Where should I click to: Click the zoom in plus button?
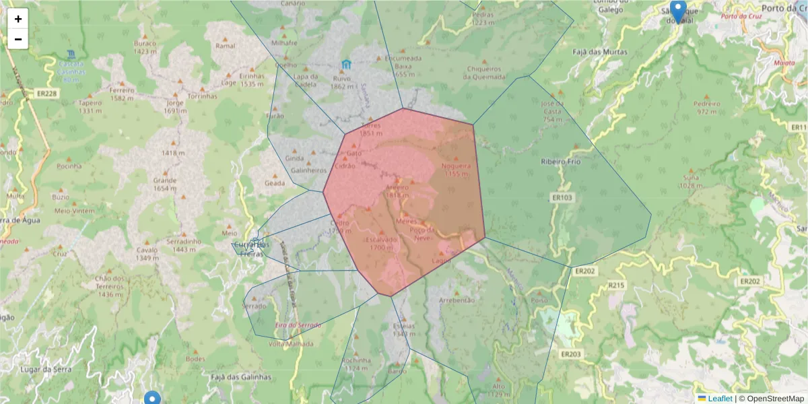click(x=18, y=19)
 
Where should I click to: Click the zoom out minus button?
click(x=18, y=39)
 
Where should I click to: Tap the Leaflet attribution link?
click(x=720, y=398)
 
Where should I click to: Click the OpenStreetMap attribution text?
click(x=774, y=398)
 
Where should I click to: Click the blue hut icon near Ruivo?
click(x=346, y=65)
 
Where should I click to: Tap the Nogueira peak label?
click(x=456, y=166)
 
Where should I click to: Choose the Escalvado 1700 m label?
click(x=381, y=243)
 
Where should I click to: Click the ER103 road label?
click(x=564, y=197)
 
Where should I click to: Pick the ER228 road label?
click(x=48, y=94)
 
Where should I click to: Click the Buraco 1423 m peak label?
click(x=145, y=47)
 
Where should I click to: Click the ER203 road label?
click(x=570, y=353)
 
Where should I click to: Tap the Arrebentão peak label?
click(x=457, y=300)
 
